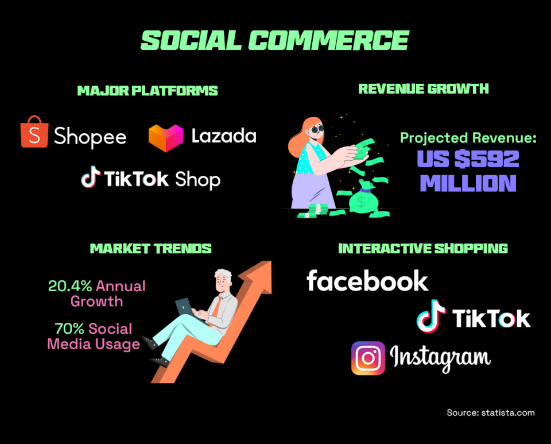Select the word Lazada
click(x=224, y=136)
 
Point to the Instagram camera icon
click(x=368, y=358)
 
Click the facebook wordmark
click(x=367, y=281)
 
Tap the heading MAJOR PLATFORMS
click(x=148, y=91)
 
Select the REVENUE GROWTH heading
click(x=424, y=88)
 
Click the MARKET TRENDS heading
click(x=151, y=248)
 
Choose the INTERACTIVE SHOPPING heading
click(x=423, y=248)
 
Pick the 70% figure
click(x=67, y=329)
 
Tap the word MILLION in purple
click(x=468, y=183)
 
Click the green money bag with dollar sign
click(x=361, y=201)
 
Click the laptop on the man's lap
click(x=185, y=306)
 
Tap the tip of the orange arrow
click(x=266, y=265)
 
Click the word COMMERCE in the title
click(x=328, y=41)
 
